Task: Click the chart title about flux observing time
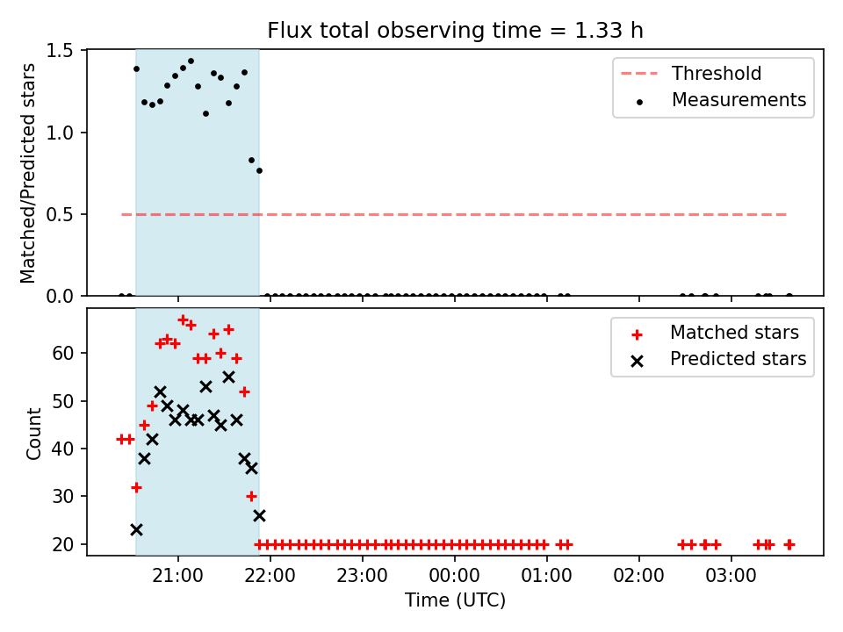[455, 30]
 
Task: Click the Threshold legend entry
[691, 73]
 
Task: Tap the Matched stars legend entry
[715, 333]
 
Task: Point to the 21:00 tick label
[178, 576]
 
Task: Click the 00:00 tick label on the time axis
[454, 576]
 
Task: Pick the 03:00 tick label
[731, 576]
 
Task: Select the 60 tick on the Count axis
[62, 353]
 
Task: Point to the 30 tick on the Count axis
[62, 496]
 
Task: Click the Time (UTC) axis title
[455, 600]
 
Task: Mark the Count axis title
[33, 434]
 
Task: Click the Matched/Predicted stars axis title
[27, 173]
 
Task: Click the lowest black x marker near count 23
[137, 530]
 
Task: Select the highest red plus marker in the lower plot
[183, 320]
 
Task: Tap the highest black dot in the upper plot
[191, 61]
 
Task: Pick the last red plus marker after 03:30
[789, 545]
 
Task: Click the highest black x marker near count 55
[228, 377]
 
